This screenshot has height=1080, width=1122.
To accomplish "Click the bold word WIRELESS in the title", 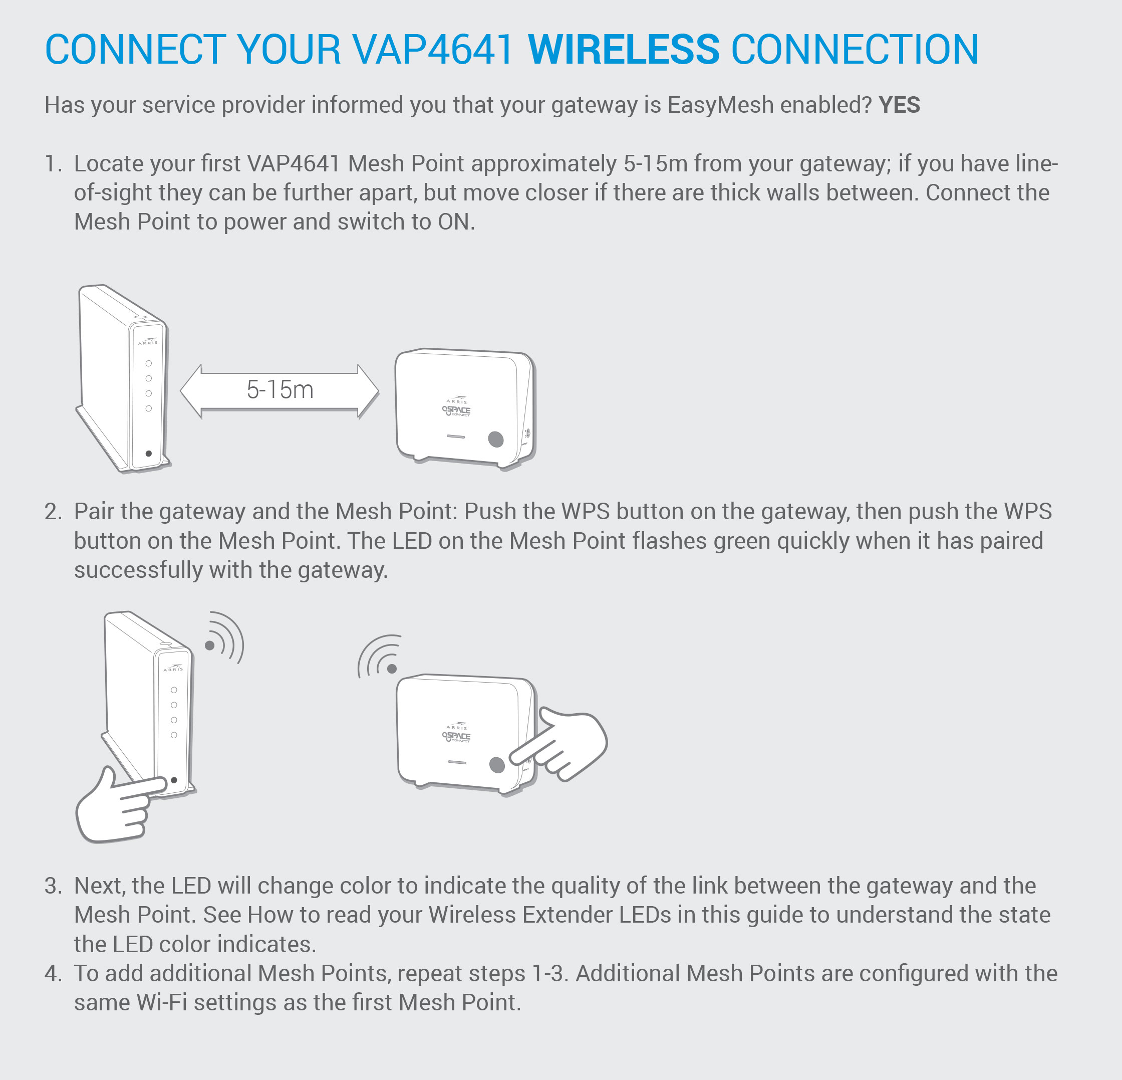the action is [624, 49].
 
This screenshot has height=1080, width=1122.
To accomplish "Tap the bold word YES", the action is [899, 105].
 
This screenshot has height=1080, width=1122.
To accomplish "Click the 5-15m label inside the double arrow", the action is [280, 389].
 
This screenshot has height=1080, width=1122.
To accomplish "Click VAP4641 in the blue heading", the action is [433, 49].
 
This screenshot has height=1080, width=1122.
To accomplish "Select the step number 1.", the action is [53, 164].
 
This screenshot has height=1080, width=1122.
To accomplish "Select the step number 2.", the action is [53, 511].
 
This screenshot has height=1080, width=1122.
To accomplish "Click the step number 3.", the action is [53, 886].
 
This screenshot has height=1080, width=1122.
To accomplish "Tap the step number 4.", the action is [53, 973].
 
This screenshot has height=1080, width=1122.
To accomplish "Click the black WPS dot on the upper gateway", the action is [149, 454].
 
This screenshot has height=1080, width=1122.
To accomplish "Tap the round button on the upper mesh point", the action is [496, 439].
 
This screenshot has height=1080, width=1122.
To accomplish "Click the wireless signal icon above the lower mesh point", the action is [379, 656].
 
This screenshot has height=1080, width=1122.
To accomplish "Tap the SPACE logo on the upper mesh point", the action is [456, 410].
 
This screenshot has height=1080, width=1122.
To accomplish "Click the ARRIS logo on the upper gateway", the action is [148, 341].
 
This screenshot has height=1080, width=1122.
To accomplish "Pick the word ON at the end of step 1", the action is [455, 222].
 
